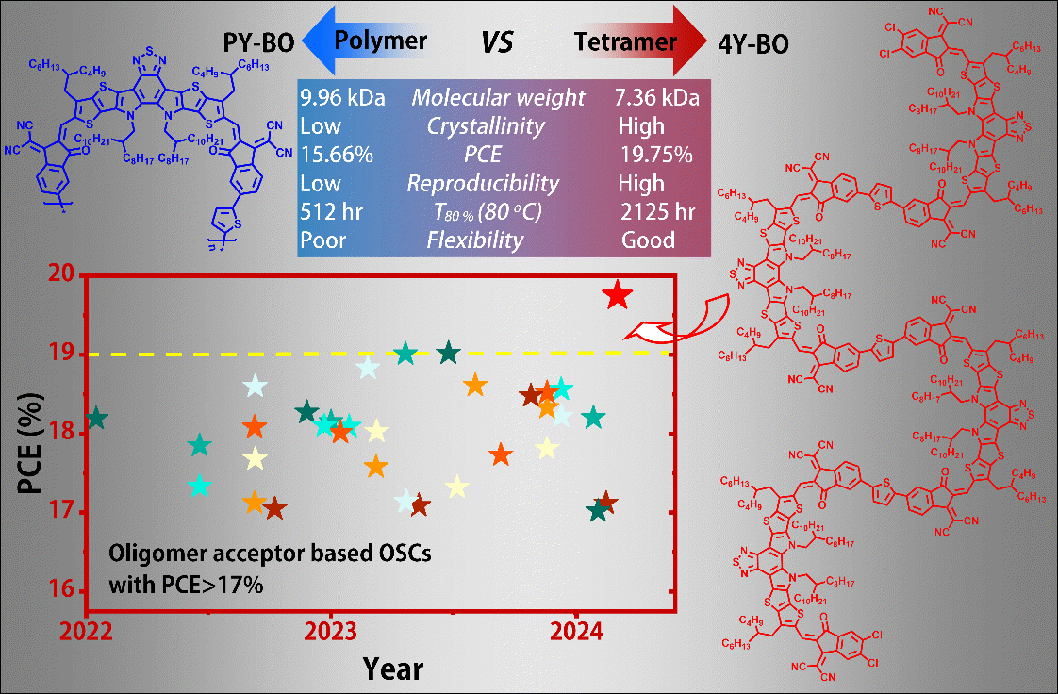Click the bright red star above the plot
coord(617,295)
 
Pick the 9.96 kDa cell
coord(341,97)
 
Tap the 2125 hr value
coord(658,211)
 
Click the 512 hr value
coord(326,211)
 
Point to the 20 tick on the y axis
coord(58,275)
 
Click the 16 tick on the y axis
coord(58,592)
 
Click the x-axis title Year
coord(393,669)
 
